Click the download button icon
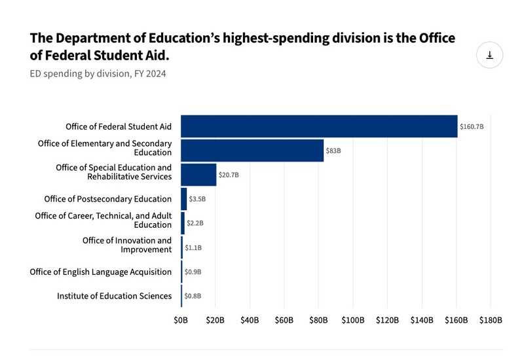[x=489, y=55]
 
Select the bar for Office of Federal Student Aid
[x=319, y=126]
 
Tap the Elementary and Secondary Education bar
[x=252, y=151]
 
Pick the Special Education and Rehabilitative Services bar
[x=198, y=175]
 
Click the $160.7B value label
[x=472, y=126]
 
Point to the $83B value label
[x=334, y=151]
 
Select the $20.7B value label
[x=229, y=175]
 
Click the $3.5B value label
[x=196, y=199]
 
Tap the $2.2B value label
[x=195, y=223]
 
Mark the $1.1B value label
[x=193, y=247]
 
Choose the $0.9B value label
[x=193, y=272]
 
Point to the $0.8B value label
[x=193, y=296]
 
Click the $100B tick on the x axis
[x=352, y=320]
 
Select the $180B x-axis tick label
[x=491, y=320]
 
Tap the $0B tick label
[x=181, y=320]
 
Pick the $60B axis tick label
[x=284, y=320]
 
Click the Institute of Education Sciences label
[x=114, y=296]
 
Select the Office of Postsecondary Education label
[x=108, y=199]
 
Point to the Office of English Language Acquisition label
[x=101, y=272]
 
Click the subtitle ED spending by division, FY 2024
[x=98, y=73]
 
